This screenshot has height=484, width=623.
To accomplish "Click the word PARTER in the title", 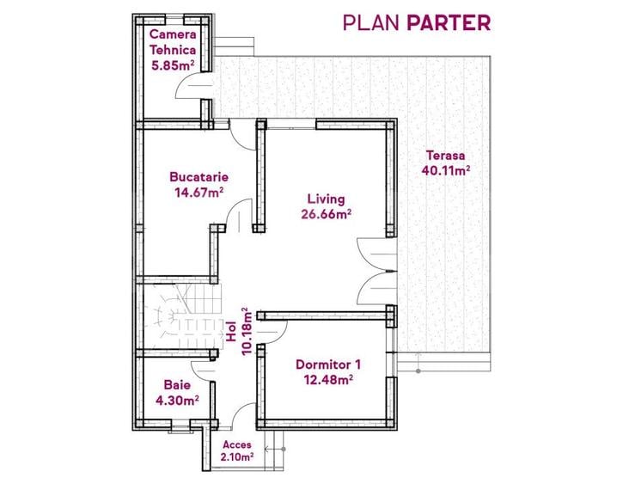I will pyautogui.click(x=449, y=22).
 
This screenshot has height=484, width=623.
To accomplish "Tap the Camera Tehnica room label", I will pyautogui.click(x=174, y=41).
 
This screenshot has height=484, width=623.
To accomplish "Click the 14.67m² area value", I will pyautogui.click(x=199, y=193).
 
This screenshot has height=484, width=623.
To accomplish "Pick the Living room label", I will pyautogui.click(x=325, y=199).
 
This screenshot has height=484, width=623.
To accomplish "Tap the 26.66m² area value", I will pyautogui.click(x=326, y=215).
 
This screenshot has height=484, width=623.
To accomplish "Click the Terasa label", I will pyautogui.click(x=445, y=156).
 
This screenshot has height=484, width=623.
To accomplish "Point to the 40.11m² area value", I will pyautogui.click(x=446, y=170).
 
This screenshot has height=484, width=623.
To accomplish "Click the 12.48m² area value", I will pyautogui.click(x=326, y=378).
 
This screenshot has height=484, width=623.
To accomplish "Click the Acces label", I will pyautogui.click(x=237, y=444).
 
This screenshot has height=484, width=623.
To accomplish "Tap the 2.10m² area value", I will pyautogui.click(x=237, y=457).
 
